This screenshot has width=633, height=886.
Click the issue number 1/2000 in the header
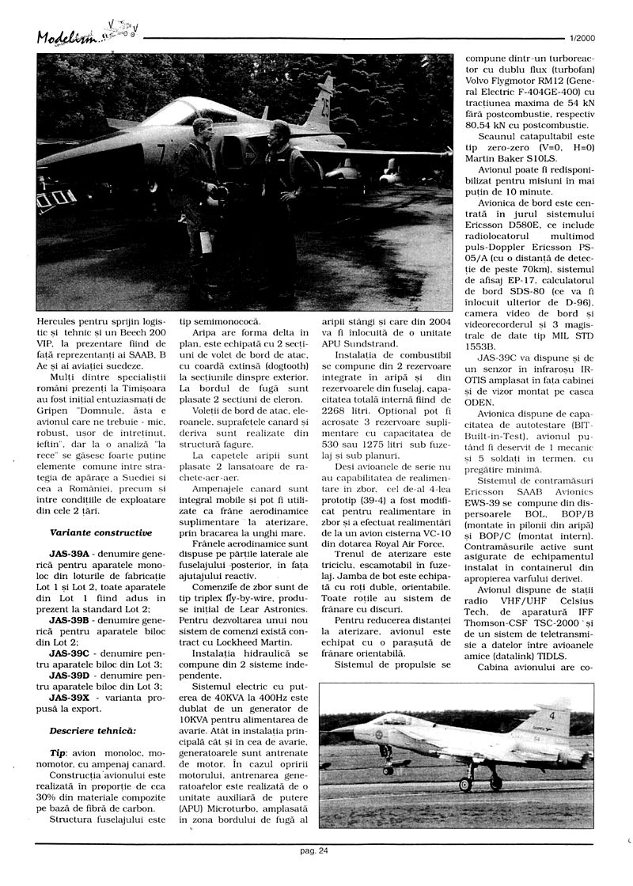[x=581, y=37]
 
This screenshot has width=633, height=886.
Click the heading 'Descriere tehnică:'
[x=92, y=729]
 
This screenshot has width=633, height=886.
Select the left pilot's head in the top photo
[x=201, y=127]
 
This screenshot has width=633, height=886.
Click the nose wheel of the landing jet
[x=387, y=770]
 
